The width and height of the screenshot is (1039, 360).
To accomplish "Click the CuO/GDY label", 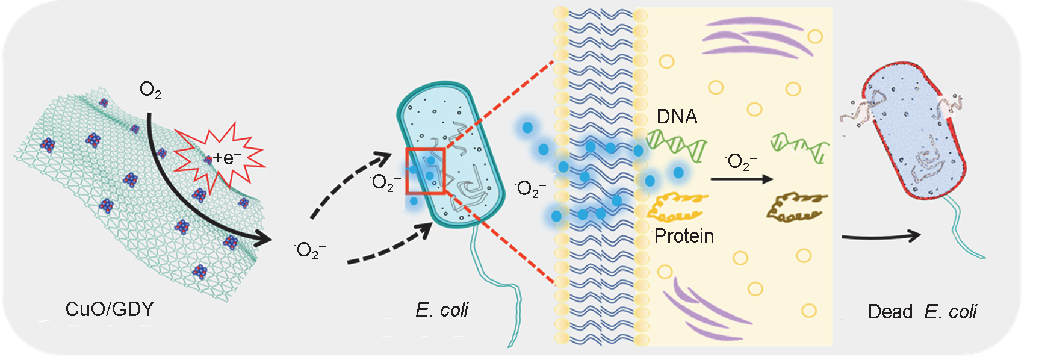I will click(110, 309).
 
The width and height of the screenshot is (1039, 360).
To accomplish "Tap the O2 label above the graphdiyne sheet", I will click(150, 90).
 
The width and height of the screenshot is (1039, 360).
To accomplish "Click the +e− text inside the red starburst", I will click(226, 158).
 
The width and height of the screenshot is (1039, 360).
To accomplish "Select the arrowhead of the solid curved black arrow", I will click(264, 239).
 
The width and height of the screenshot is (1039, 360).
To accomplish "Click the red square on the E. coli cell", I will click(426, 171).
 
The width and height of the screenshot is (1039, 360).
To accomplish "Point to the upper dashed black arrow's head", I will click(383, 160).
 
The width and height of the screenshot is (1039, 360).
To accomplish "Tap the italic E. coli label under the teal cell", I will click(442, 310).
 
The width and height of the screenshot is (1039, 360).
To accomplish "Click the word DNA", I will click(677, 117).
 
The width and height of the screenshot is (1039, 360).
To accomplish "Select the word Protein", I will click(684, 236).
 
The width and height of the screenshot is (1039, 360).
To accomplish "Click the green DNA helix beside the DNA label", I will click(675, 147).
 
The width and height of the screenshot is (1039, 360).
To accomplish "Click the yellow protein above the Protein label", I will click(677, 206).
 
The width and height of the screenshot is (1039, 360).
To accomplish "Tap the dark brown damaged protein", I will click(796, 205).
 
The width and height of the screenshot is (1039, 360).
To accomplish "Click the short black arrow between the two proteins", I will click(741, 179).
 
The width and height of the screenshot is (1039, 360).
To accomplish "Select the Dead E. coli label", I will click(922, 312).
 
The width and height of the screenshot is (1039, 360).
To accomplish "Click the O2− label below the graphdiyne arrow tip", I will click(311, 250).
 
